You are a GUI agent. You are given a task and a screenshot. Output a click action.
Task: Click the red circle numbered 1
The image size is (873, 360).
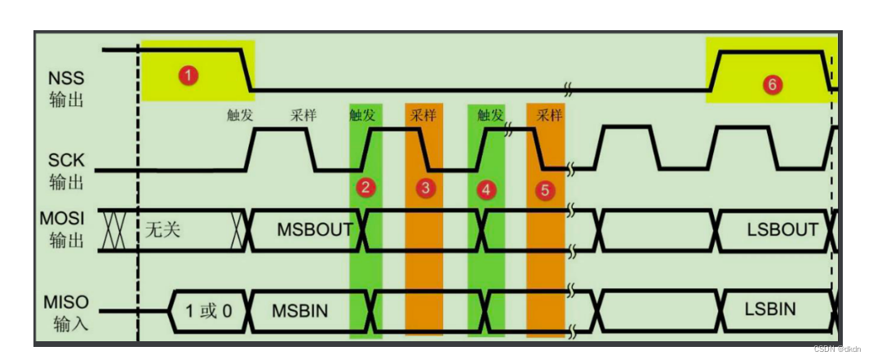[188, 75]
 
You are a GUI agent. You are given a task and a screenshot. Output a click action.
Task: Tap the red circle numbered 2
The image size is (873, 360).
[366, 188]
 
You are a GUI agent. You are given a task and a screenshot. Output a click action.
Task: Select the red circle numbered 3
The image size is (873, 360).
[425, 189]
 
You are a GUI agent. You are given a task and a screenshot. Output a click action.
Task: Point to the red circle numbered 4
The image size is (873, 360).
[486, 189]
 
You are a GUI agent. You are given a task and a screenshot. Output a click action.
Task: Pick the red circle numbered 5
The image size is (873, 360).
[545, 190]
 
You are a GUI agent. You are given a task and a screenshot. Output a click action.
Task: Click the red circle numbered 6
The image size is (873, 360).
[771, 83]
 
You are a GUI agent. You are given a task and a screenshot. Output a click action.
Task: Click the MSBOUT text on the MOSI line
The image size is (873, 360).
[314, 229]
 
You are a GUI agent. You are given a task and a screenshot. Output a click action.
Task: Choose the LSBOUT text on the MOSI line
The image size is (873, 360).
[782, 229]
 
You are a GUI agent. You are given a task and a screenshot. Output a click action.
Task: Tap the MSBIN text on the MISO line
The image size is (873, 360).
[301, 310]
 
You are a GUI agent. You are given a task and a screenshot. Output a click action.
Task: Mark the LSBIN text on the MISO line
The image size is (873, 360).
[769, 309]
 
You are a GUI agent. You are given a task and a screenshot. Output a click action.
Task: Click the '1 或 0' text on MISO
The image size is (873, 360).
[208, 311]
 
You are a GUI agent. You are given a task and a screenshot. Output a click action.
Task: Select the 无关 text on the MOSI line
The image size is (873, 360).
[162, 230]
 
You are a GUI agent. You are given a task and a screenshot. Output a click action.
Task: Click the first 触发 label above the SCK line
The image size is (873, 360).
[240, 115]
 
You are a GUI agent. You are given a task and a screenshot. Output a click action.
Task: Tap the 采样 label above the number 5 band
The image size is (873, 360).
[550, 115]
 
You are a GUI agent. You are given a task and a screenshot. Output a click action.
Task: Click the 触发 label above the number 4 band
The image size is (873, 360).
[490, 115]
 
